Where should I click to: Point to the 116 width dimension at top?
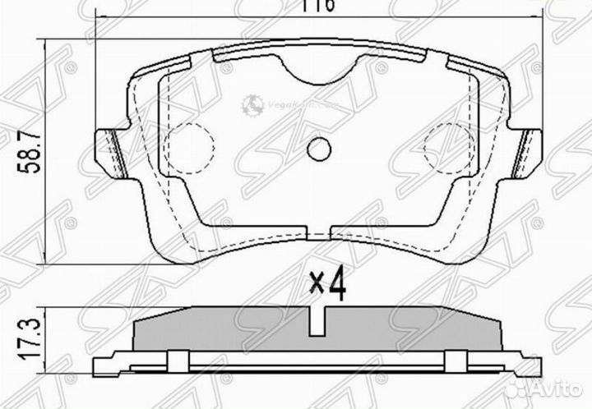tap(321, 7)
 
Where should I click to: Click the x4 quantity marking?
tap(327, 285)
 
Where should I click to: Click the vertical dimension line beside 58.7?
tap(49, 152)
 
